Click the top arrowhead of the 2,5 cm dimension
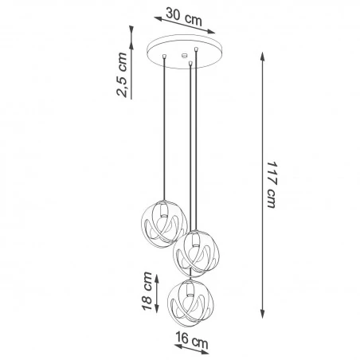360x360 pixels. click(x=129, y=25)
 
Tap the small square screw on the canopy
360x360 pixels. click(x=185, y=56)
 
